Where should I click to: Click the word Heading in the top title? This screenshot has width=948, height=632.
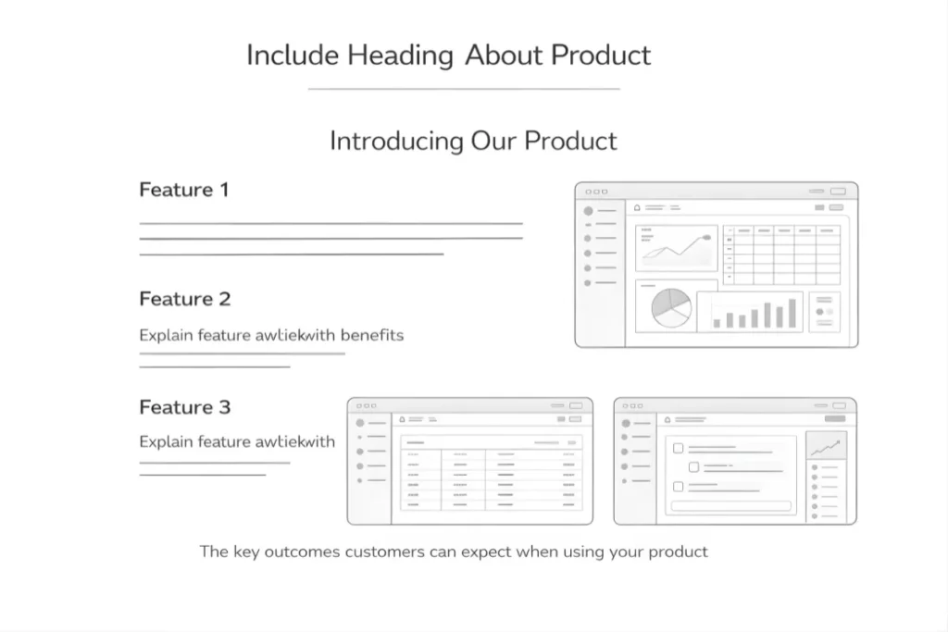(400, 56)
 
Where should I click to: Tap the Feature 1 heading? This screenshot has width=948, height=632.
(183, 190)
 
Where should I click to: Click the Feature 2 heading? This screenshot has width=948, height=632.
(184, 299)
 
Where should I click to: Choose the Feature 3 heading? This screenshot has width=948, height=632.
(184, 407)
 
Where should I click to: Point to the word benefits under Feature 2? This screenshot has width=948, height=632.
(372, 335)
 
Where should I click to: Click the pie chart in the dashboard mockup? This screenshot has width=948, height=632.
(671, 308)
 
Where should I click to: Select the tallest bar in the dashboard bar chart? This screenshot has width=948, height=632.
(792, 313)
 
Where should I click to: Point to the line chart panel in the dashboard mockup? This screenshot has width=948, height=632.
(677, 246)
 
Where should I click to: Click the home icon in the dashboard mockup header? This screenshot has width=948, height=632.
(637, 207)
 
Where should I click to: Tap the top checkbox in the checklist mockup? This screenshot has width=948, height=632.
(678, 448)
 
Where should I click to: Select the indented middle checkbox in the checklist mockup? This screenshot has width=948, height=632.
(693, 467)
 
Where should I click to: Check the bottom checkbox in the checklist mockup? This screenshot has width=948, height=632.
(678, 487)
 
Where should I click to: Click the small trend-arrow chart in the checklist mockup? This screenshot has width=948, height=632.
(825, 447)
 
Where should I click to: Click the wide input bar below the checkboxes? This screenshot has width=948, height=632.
(731, 506)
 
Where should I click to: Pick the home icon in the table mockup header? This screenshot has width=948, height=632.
(402, 419)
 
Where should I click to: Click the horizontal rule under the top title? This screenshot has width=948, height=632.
(463, 89)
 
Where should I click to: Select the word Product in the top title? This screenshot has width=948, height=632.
(601, 56)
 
